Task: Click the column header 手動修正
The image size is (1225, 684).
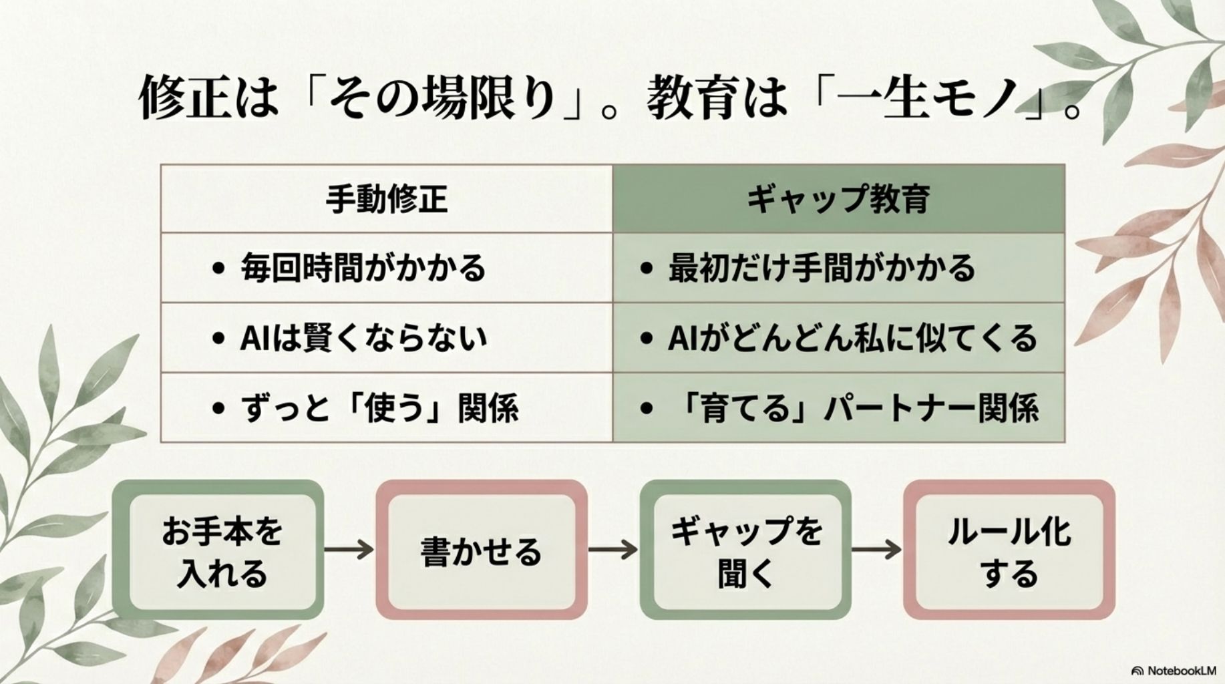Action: click(386, 199)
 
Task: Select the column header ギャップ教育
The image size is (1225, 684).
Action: click(838, 199)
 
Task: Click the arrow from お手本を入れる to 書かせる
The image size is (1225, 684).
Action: click(349, 550)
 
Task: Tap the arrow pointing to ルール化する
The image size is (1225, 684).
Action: click(876, 550)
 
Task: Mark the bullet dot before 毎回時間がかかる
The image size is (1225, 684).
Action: click(217, 269)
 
